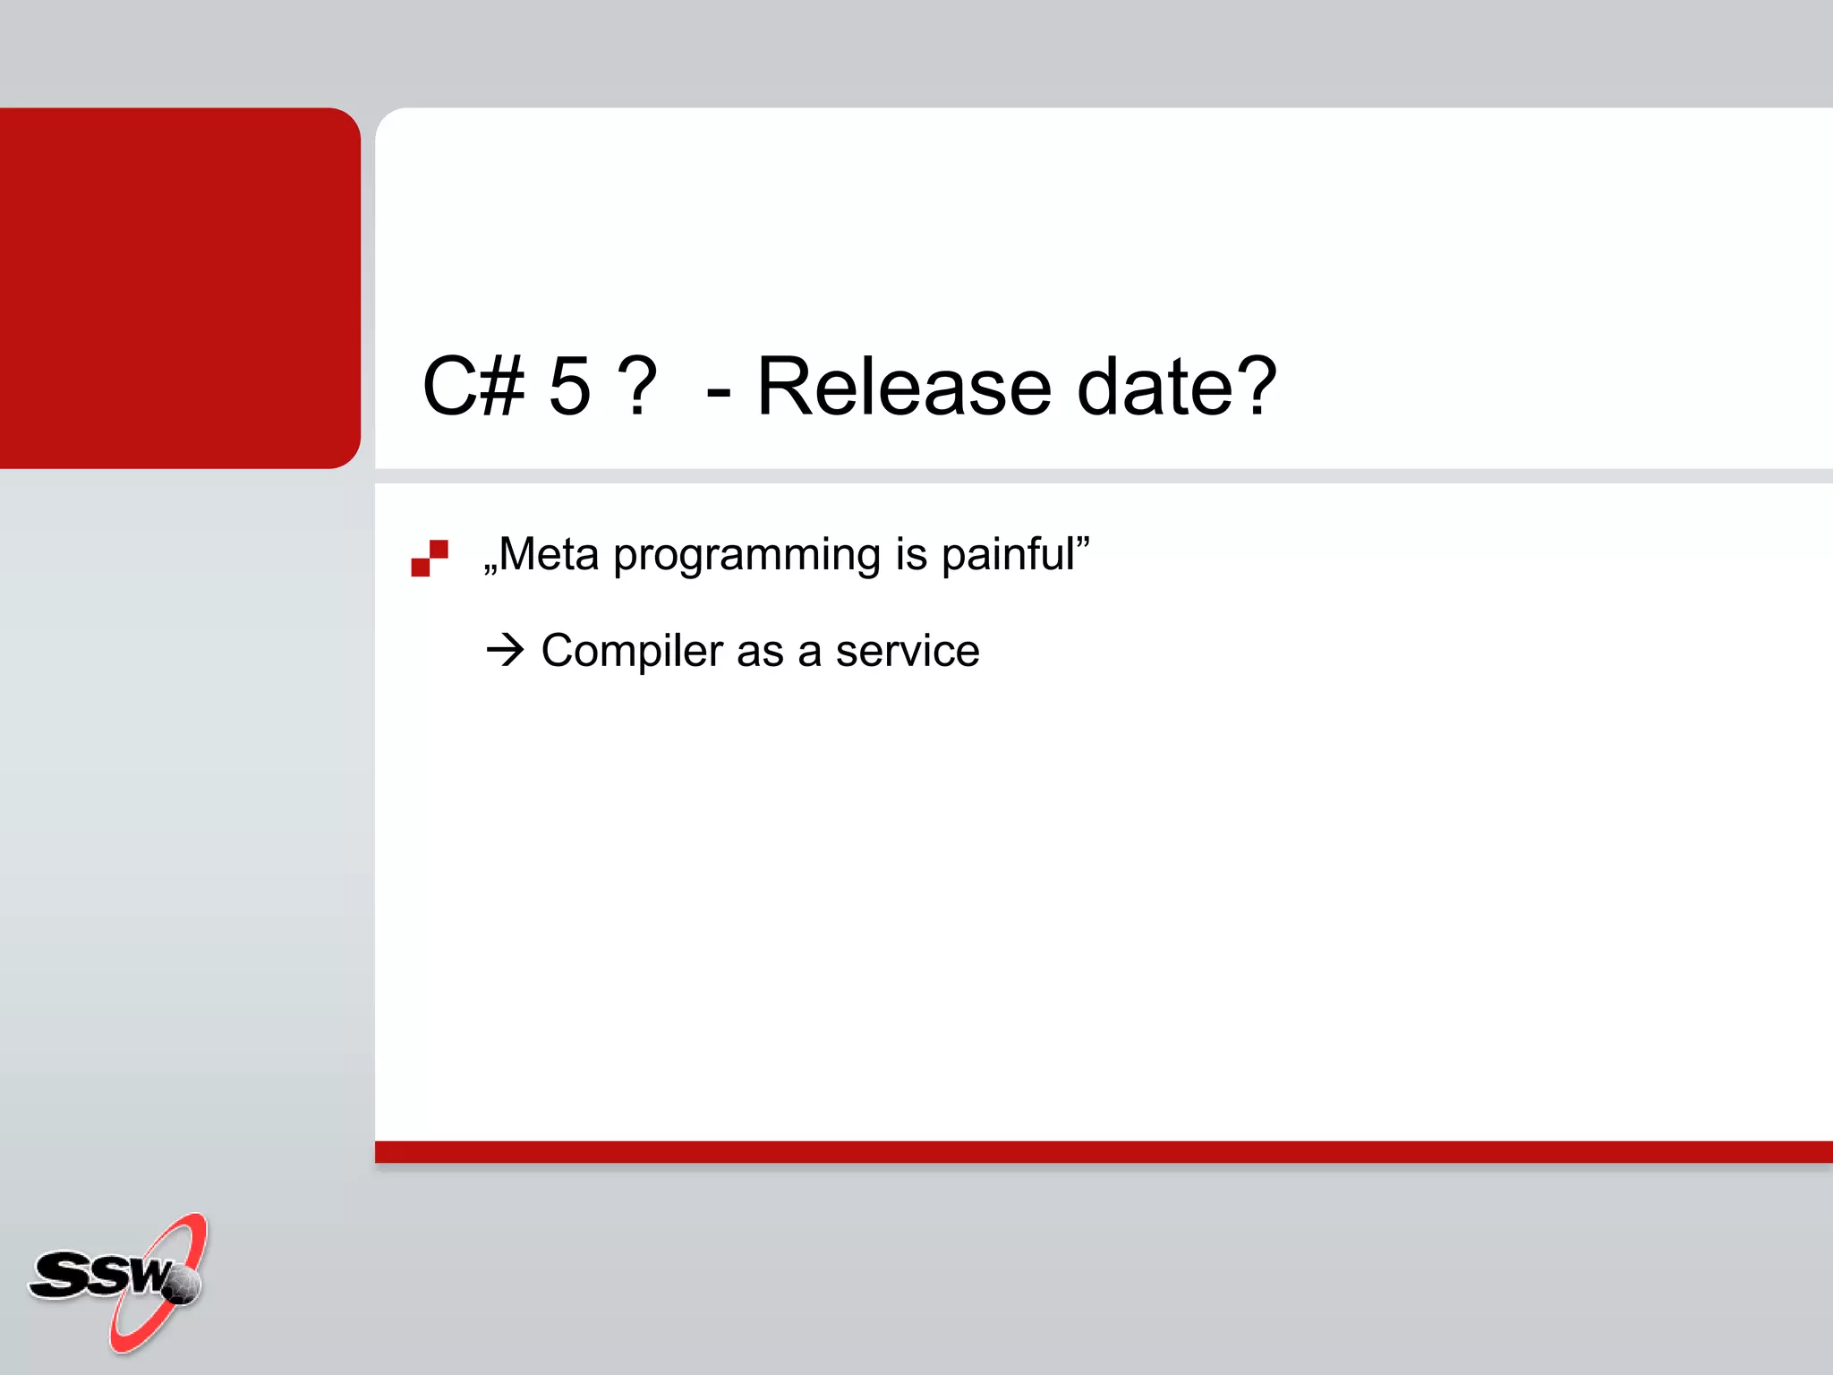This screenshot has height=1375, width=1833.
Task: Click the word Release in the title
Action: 904,387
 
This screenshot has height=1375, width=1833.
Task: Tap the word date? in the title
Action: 1176,387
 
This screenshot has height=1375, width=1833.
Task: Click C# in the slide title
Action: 473,387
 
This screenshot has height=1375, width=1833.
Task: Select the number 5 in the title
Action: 570,387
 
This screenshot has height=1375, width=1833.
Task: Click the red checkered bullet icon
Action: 430,558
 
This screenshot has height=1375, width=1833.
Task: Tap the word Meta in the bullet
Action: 548,554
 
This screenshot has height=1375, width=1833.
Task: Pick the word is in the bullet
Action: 911,554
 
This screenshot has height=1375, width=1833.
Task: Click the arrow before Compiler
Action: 506,650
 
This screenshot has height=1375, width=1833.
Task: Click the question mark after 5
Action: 638,387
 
